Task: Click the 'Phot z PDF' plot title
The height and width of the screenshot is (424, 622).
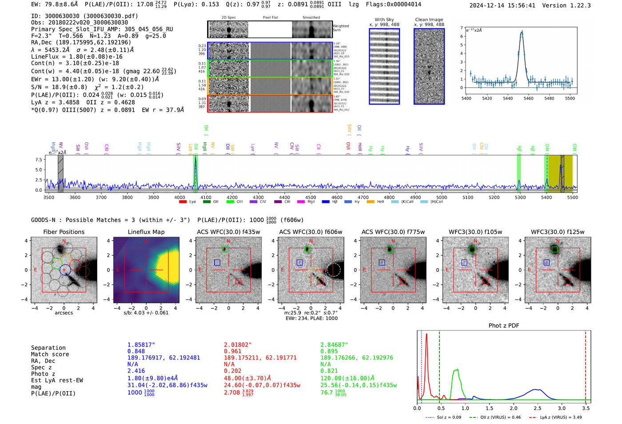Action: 504,326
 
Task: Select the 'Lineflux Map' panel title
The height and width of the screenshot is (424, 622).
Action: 146,232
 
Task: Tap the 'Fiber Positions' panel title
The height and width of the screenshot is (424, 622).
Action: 64,232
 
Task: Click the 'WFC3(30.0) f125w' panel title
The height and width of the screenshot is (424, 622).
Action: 558,232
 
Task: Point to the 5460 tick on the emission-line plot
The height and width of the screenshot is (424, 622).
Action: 528,98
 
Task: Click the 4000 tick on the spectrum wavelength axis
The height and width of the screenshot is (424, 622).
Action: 179,198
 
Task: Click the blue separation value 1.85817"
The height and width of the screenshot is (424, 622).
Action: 141,345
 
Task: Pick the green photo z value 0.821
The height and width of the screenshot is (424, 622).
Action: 329,371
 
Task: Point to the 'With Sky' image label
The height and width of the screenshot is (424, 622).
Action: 384,20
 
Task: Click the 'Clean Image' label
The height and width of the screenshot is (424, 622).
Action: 429,20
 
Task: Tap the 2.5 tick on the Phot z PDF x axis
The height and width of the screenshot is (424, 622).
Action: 537,408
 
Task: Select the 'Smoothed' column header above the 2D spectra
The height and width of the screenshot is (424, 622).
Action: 311,18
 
